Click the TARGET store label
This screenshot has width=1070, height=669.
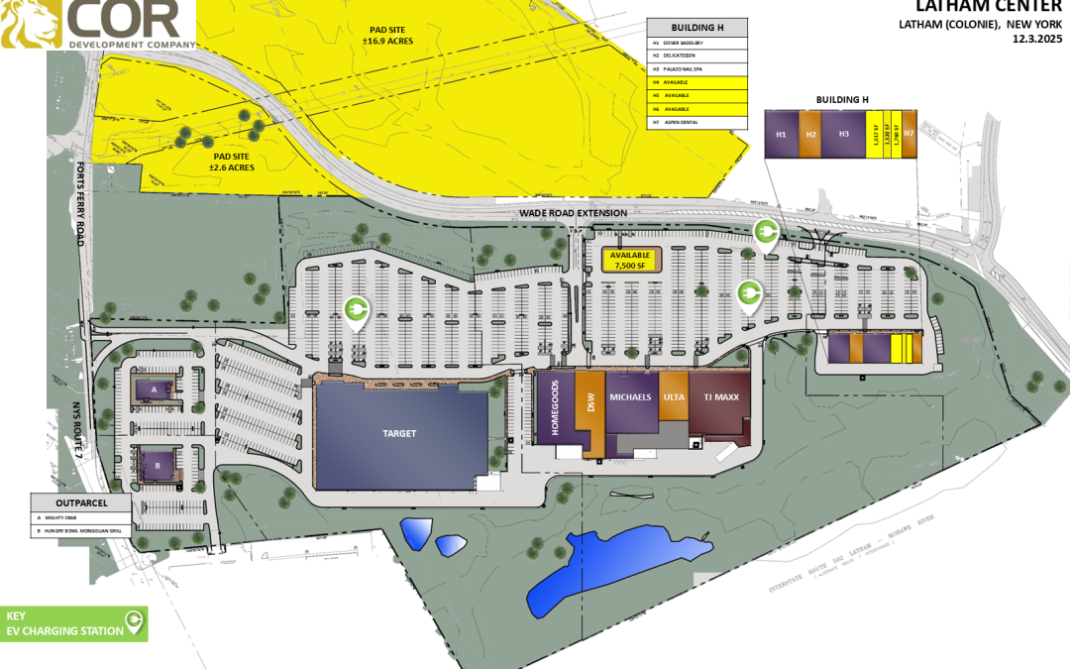point(399,434)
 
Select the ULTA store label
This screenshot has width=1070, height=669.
point(674,397)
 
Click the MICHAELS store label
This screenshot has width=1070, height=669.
point(630,397)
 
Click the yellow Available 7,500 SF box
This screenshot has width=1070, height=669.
point(630,261)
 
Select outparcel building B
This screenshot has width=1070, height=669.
point(157,464)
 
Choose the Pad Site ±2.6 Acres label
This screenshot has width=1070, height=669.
point(231,163)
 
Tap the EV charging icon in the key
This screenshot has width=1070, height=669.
point(133,623)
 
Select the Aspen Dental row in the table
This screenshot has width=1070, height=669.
point(697,122)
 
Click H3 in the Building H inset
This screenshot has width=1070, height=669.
point(844,134)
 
